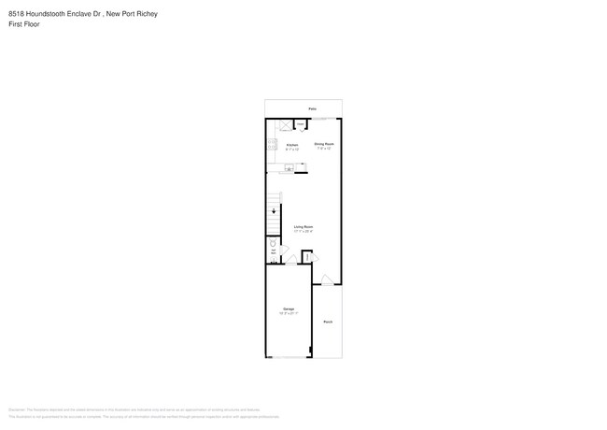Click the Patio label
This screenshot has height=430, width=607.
[x=312, y=108]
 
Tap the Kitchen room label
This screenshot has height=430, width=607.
[x=291, y=145]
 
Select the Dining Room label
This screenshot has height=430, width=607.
[x=324, y=144]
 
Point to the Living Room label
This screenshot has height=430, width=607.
[x=303, y=227]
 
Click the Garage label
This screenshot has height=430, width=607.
[x=289, y=309]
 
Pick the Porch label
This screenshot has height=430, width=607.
[x=328, y=322]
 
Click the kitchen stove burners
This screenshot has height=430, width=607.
[x=272, y=145]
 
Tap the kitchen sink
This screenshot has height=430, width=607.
[x=289, y=168]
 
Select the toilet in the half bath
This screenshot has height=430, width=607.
[x=273, y=242]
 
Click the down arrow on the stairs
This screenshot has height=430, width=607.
[x=274, y=211]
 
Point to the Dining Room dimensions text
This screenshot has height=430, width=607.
[x=324, y=149]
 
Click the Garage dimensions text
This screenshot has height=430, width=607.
[x=289, y=314]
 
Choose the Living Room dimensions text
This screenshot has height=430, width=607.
[x=303, y=232]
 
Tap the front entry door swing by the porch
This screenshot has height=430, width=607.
[x=326, y=279]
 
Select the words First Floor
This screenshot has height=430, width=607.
[x=23, y=24]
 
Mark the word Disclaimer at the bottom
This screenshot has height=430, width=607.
[x=16, y=409]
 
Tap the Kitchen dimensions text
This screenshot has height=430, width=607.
[x=291, y=150]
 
